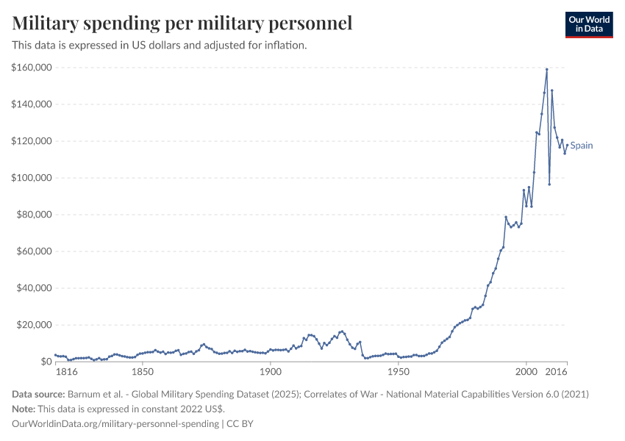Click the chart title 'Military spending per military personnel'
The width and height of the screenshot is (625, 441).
coord(182,24)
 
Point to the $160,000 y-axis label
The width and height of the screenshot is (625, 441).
coord(31,68)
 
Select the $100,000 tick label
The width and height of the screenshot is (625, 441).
coord(31,178)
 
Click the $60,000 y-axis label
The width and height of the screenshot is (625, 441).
coord(33,251)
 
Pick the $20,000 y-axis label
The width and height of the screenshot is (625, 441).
coord(33,325)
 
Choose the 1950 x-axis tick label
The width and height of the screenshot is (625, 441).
coord(398,373)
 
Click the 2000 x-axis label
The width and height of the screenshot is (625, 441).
coord(526,373)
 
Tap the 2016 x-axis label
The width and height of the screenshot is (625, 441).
coord(557,373)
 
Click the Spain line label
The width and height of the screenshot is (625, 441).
coord(582,146)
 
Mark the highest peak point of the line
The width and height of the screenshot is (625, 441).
coord(546,69)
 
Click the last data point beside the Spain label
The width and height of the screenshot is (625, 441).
coord(567,144)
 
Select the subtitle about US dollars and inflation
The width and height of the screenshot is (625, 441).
coord(159,45)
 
